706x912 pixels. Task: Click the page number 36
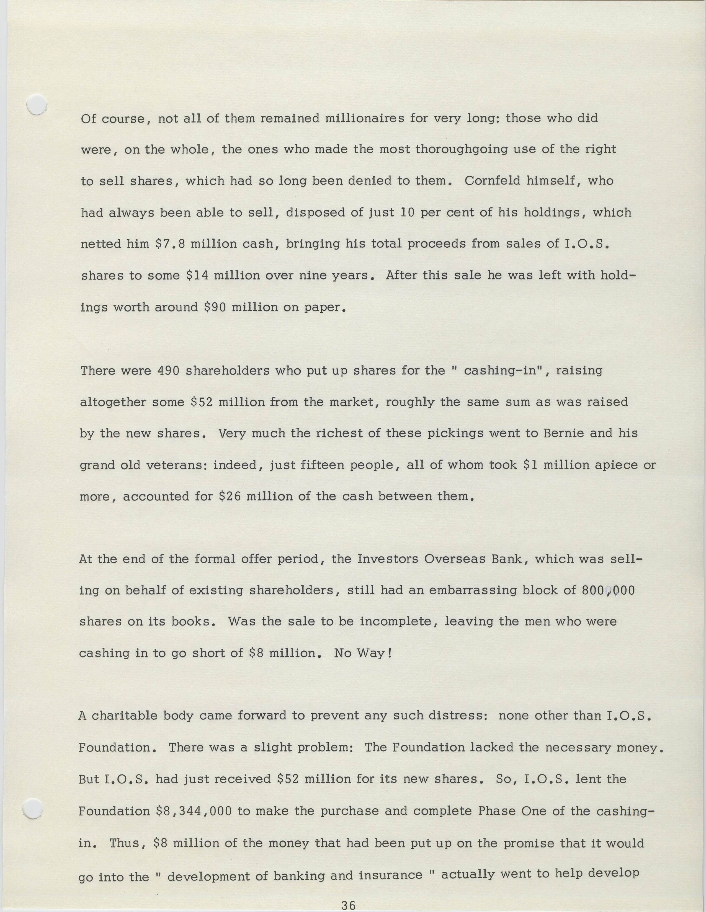348,905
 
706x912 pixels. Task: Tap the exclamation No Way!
363,653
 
